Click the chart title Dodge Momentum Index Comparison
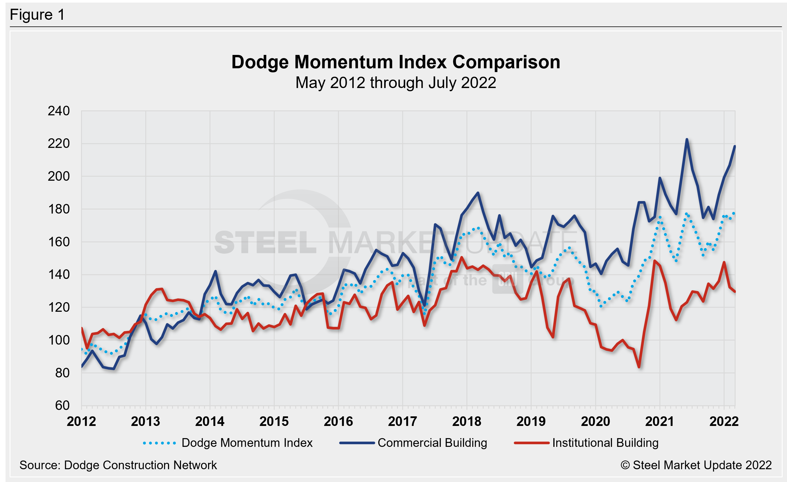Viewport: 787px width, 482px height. pyautogui.click(x=396, y=62)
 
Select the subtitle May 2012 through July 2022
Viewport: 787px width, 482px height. pyautogui.click(x=396, y=83)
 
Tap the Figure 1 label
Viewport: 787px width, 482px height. pyautogui.click(x=37, y=15)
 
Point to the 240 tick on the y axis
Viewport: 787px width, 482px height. pyautogui.click(x=59, y=111)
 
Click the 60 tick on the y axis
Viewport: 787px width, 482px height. pyautogui.click(x=62, y=405)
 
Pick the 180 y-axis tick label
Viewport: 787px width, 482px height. pyautogui.click(x=59, y=209)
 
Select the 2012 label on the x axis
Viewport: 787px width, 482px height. pyautogui.click(x=81, y=421)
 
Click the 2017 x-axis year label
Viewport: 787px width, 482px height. pyautogui.click(x=403, y=421)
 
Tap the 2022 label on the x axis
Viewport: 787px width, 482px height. pyautogui.click(x=724, y=421)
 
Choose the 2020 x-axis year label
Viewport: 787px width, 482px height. pyautogui.click(x=595, y=421)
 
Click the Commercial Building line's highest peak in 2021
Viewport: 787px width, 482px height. pyautogui.click(x=687, y=139)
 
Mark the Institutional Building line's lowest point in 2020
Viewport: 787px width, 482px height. pyautogui.click(x=639, y=367)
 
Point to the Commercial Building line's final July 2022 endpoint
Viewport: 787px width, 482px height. pyautogui.click(x=735, y=146)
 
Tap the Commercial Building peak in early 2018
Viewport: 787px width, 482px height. pyautogui.click(x=478, y=193)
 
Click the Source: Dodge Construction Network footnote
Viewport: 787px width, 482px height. pyautogui.click(x=118, y=465)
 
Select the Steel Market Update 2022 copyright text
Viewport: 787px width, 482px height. pyautogui.click(x=696, y=465)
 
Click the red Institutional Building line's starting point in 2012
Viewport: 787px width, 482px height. pyautogui.click(x=82, y=328)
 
